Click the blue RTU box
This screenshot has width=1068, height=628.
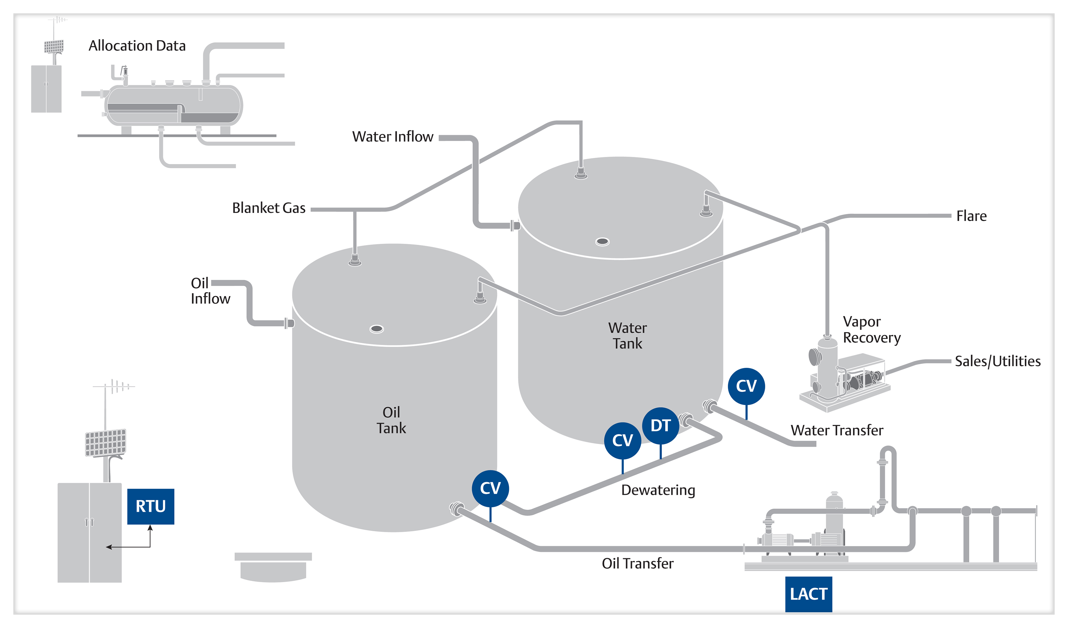point(150,506)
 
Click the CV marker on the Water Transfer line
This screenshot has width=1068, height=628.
point(746,386)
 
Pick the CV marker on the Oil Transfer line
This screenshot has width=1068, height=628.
point(490,488)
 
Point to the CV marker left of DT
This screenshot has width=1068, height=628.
point(622,440)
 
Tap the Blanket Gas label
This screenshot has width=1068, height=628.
point(269,208)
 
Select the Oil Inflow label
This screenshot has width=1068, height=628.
point(210,291)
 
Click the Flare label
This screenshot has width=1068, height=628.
point(971,216)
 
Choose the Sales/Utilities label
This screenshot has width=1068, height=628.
point(998,361)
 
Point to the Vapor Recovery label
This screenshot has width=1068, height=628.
point(871,330)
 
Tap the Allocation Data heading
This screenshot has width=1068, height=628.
point(137,46)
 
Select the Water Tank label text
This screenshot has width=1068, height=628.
point(627,335)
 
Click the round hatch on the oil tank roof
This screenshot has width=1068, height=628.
point(376,329)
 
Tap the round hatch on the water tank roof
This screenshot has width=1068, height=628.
point(602,242)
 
